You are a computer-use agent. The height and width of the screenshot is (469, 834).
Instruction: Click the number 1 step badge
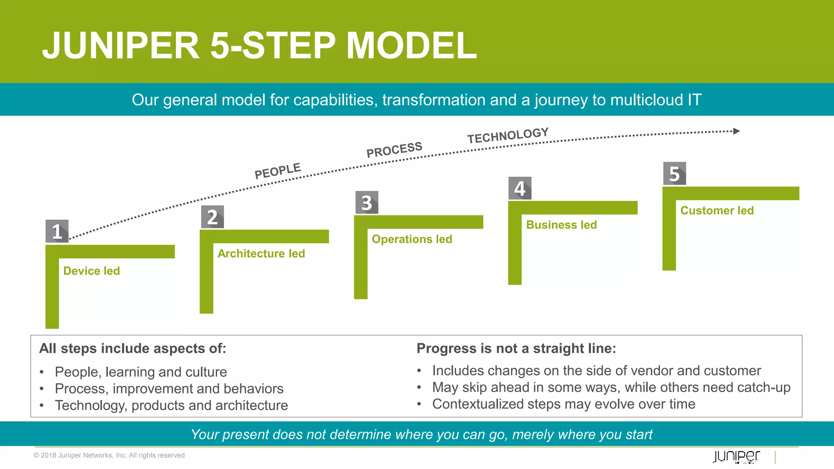click(57, 231)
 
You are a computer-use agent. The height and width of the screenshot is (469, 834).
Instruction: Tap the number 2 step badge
click(212, 217)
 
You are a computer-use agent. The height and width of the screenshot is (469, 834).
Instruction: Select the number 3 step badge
click(367, 202)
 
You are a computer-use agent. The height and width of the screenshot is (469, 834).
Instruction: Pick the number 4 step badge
click(520, 188)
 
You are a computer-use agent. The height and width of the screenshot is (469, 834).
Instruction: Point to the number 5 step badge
click(674, 173)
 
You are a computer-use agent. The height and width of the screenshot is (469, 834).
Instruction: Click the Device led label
click(92, 271)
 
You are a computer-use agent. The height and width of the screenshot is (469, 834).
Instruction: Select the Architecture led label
click(261, 254)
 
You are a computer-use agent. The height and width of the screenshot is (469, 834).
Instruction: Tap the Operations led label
click(412, 239)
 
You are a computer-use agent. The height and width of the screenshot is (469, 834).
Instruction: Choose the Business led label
click(561, 225)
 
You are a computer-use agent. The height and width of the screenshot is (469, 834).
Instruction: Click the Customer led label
click(717, 210)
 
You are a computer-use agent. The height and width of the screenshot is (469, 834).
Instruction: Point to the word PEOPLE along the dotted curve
click(278, 171)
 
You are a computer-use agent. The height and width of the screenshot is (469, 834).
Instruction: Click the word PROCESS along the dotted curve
click(394, 149)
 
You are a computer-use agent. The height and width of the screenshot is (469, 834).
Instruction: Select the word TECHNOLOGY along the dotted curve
click(508, 136)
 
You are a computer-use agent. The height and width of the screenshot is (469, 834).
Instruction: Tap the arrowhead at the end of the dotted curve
click(736, 131)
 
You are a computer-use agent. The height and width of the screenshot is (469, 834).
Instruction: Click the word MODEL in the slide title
click(411, 46)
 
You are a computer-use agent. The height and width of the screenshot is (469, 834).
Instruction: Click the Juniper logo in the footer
click(736, 456)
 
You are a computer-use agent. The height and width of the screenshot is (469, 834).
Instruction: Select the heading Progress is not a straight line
click(516, 348)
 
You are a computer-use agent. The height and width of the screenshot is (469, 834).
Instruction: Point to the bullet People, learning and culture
click(140, 372)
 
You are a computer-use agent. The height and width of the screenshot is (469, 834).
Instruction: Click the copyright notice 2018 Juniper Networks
click(109, 455)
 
